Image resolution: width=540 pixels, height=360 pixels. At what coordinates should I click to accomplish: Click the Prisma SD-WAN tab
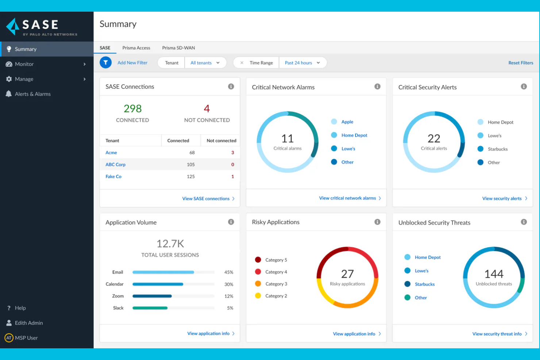178,48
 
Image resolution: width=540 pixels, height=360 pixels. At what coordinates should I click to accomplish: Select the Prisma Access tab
136,48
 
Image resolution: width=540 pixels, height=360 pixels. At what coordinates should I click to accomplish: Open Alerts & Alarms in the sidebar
32,94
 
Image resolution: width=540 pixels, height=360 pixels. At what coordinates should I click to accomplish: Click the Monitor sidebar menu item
24,64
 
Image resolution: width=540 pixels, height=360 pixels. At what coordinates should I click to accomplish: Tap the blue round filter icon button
105,63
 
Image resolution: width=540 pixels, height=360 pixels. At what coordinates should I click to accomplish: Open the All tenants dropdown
205,63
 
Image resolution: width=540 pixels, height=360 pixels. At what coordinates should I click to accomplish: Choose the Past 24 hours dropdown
302,63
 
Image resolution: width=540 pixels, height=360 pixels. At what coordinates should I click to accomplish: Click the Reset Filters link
521,63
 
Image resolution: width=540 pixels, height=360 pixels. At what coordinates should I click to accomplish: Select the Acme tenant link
111,152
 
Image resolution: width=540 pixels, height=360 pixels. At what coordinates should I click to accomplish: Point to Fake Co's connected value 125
190,177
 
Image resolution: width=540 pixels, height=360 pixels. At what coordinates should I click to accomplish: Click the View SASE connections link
206,199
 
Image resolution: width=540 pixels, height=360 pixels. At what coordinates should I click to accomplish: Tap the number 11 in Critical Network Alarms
288,139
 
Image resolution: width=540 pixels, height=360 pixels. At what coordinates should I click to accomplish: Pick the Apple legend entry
347,122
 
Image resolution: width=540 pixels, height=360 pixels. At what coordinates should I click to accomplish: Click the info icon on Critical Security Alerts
524,86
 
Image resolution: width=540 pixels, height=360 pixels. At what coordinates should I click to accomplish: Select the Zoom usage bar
152,296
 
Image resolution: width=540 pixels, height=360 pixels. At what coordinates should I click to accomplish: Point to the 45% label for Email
228,272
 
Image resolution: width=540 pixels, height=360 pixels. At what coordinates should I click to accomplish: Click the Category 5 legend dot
258,260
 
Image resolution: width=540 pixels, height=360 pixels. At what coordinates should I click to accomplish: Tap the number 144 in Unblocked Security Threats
494,274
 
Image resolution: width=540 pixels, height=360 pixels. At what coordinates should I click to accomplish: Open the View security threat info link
497,334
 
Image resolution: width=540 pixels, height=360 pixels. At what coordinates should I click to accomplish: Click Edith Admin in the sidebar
29,323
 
